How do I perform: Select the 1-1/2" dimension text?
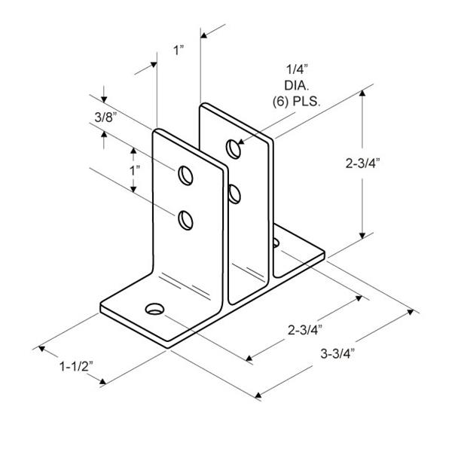click(x=75, y=367)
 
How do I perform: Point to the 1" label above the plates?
click(x=179, y=50)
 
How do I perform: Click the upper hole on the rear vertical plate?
click(x=235, y=148)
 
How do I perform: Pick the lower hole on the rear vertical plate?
click(x=235, y=194)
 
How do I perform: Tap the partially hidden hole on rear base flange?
click(x=276, y=243)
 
